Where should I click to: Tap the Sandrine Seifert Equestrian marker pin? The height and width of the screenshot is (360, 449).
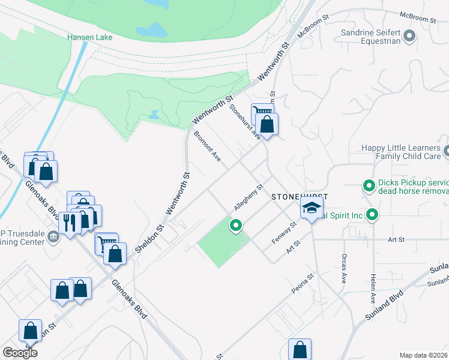click(x=409, y=37)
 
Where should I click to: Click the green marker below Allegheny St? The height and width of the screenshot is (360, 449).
click(x=235, y=226)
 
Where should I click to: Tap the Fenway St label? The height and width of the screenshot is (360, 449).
click(x=284, y=232)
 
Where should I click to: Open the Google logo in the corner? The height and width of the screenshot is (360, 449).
click(x=20, y=353)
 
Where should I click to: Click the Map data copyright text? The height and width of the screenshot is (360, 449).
click(x=423, y=355)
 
